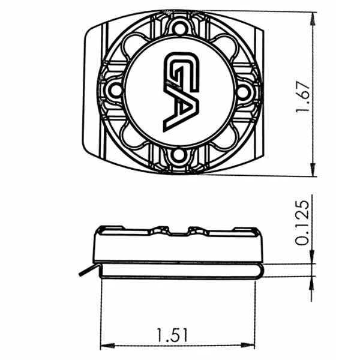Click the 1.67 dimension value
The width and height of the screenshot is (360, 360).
click(303, 97)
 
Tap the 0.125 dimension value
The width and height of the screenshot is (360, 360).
click(302, 223)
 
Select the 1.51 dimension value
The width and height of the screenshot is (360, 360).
click(172, 335)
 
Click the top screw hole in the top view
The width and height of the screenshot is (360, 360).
click(180, 28)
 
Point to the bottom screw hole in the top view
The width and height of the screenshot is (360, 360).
click(178, 155)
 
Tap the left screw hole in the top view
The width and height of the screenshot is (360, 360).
click(115, 91)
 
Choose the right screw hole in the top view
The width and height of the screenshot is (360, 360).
click(242, 92)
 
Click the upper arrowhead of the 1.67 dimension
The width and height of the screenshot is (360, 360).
click(313, 19)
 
